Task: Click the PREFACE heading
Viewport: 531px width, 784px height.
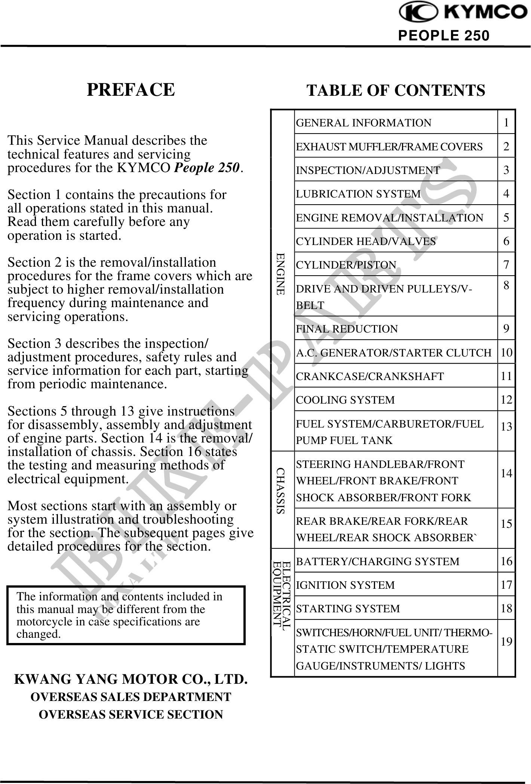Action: click(131, 90)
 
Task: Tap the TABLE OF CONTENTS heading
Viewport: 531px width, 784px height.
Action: click(396, 91)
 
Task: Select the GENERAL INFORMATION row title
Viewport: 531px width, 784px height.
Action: click(363, 123)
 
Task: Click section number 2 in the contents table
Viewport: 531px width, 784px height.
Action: click(506, 146)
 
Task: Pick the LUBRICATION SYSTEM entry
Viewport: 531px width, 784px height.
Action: click(358, 194)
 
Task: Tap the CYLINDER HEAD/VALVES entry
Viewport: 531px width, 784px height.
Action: click(366, 241)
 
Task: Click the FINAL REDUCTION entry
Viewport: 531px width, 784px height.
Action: click(347, 329)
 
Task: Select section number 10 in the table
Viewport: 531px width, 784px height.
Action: click(507, 352)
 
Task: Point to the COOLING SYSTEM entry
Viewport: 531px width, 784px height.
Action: click(345, 400)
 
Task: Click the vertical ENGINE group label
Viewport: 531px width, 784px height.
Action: click(281, 274)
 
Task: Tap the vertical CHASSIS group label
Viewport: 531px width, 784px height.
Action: click(281, 490)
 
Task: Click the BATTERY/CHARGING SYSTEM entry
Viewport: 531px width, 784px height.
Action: click(378, 561)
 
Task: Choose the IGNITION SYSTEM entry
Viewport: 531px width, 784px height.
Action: click(345, 585)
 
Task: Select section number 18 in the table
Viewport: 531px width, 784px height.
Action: click(507, 609)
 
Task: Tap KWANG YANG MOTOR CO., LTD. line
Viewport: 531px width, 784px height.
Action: click(131, 679)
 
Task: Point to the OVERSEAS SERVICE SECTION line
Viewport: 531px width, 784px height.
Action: click(131, 714)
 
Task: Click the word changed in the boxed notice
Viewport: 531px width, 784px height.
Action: click(38, 634)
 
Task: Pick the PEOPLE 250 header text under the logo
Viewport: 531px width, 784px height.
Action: click(443, 36)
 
